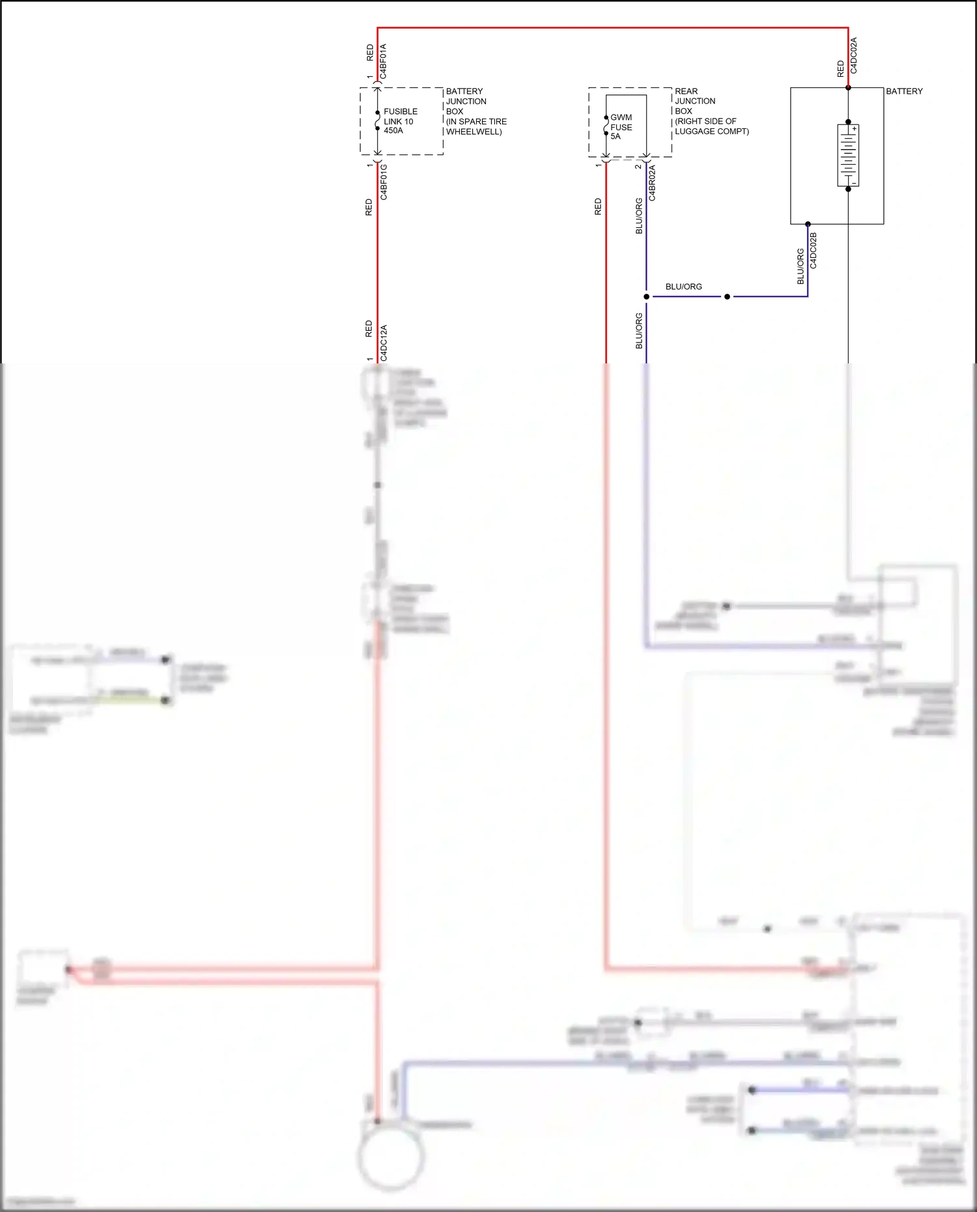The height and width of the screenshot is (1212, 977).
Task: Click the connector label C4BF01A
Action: pos(383,61)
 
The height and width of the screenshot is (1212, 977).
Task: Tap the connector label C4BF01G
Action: pos(384,182)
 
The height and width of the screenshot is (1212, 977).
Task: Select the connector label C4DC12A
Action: pos(384,343)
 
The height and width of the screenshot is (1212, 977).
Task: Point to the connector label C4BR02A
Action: pos(652,183)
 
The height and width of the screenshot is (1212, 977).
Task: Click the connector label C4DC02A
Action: pos(854,55)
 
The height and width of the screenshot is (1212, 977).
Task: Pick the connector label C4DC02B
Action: pos(813,251)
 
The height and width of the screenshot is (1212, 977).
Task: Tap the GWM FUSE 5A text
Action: pos(621,127)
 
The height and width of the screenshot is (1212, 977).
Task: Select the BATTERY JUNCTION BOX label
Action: pos(475,111)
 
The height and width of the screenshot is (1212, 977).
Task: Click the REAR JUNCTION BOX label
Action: pos(711,111)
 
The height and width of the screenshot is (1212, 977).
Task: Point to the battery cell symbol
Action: pos(848,156)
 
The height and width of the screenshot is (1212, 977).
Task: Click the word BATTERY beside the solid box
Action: pos(904,91)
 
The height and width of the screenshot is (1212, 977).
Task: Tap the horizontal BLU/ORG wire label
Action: pos(683,287)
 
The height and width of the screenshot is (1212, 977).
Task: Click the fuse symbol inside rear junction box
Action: pos(606,126)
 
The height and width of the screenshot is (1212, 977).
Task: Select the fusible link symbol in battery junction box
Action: pos(378,121)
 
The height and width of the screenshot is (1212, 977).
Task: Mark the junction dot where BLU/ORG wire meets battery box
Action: pos(808,224)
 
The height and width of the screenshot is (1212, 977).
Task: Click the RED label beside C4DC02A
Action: pos(840,68)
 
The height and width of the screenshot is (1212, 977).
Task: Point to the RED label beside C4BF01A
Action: pos(370,53)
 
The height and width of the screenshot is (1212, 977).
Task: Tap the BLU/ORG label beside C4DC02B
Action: pos(800,266)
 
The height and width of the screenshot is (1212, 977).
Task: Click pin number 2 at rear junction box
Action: pos(638,166)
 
